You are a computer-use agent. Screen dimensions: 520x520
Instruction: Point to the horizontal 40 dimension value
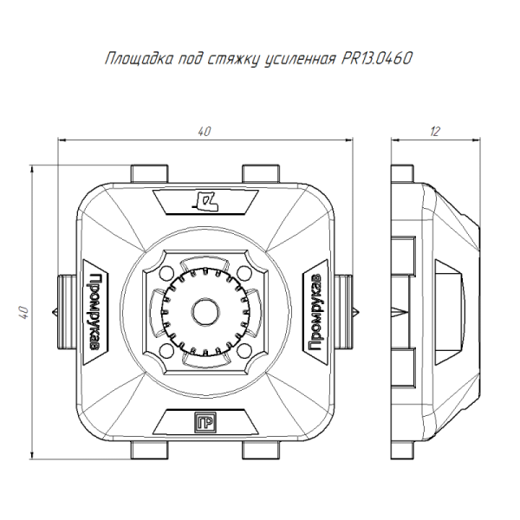205,131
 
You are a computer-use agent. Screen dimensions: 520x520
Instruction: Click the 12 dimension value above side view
435,131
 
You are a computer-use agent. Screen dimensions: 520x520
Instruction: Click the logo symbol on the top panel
206,201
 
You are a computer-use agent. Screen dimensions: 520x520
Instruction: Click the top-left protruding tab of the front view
148,172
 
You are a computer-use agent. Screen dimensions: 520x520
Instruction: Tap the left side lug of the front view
66,310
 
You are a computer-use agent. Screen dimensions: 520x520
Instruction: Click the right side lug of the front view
346,310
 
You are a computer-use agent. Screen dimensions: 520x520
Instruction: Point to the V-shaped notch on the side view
398,310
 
